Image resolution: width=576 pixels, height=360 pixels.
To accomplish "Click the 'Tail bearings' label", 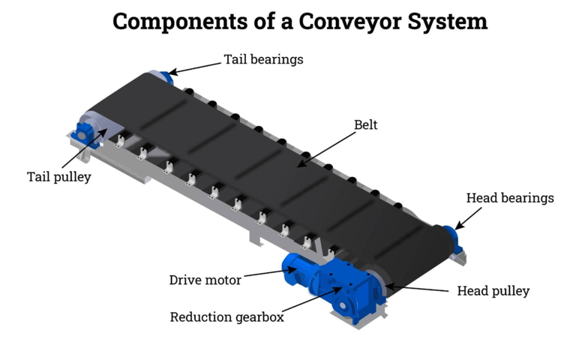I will (263, 59).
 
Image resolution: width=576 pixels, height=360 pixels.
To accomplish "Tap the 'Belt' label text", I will (365, 125).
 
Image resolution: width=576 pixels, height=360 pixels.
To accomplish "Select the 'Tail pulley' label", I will (58, 177).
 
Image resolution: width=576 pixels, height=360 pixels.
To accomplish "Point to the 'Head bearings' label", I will (510, 198).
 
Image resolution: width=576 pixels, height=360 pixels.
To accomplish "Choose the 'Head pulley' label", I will (493, 291).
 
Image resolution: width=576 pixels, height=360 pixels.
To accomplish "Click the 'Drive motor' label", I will (205, 280).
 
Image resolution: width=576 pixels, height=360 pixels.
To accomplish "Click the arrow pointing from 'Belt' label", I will (327, 147).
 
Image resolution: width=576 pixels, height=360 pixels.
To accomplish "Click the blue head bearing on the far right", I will (455, 234).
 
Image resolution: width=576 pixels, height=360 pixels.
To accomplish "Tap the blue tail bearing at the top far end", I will (165, 76).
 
